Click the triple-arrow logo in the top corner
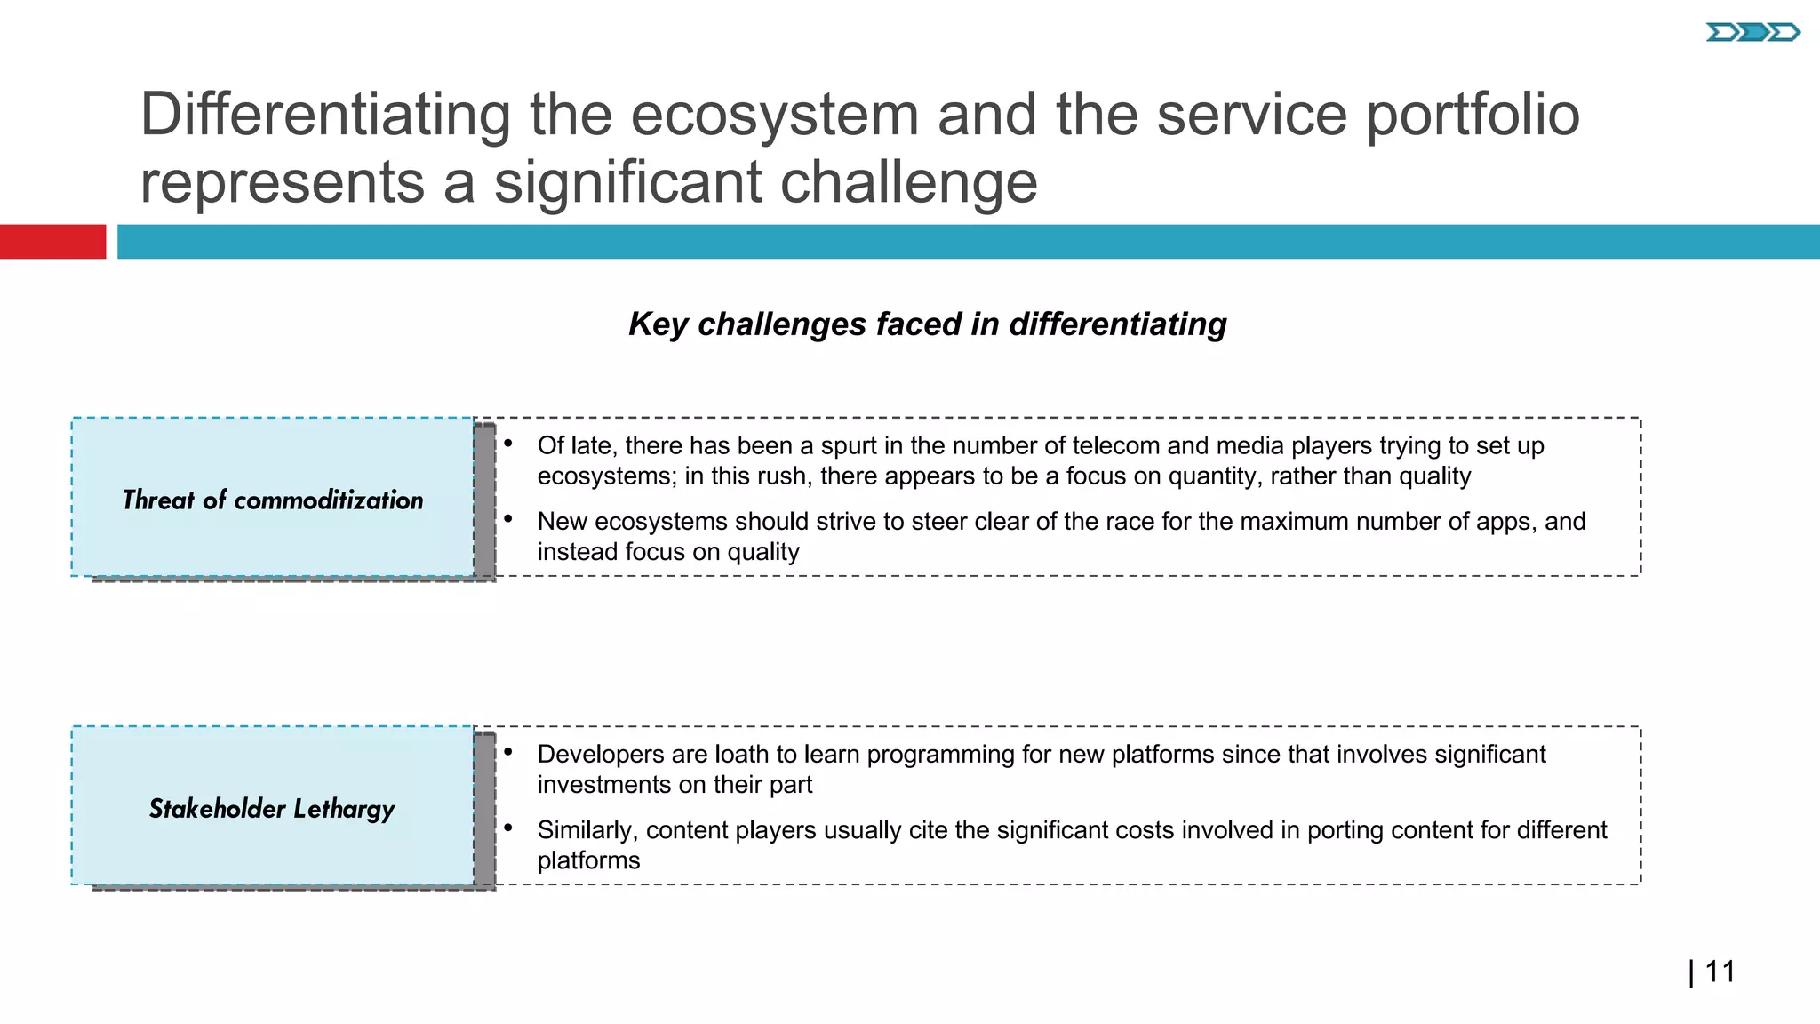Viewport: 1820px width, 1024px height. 1752,33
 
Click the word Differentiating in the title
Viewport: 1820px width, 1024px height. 325,115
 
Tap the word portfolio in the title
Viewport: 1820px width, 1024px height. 1473,115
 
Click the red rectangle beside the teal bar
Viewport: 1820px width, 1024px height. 52,242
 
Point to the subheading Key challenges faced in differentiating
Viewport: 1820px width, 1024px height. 927,324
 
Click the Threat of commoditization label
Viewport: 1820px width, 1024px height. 272,500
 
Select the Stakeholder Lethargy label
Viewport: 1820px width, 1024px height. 272,809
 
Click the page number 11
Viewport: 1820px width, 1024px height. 1720,972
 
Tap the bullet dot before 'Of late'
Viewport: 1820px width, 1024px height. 508,443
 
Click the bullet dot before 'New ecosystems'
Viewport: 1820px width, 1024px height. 508,518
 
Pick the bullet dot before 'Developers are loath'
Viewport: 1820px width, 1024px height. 508,751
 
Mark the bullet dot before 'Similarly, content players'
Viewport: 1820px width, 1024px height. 508,828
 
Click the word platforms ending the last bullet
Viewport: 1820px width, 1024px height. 588,860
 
